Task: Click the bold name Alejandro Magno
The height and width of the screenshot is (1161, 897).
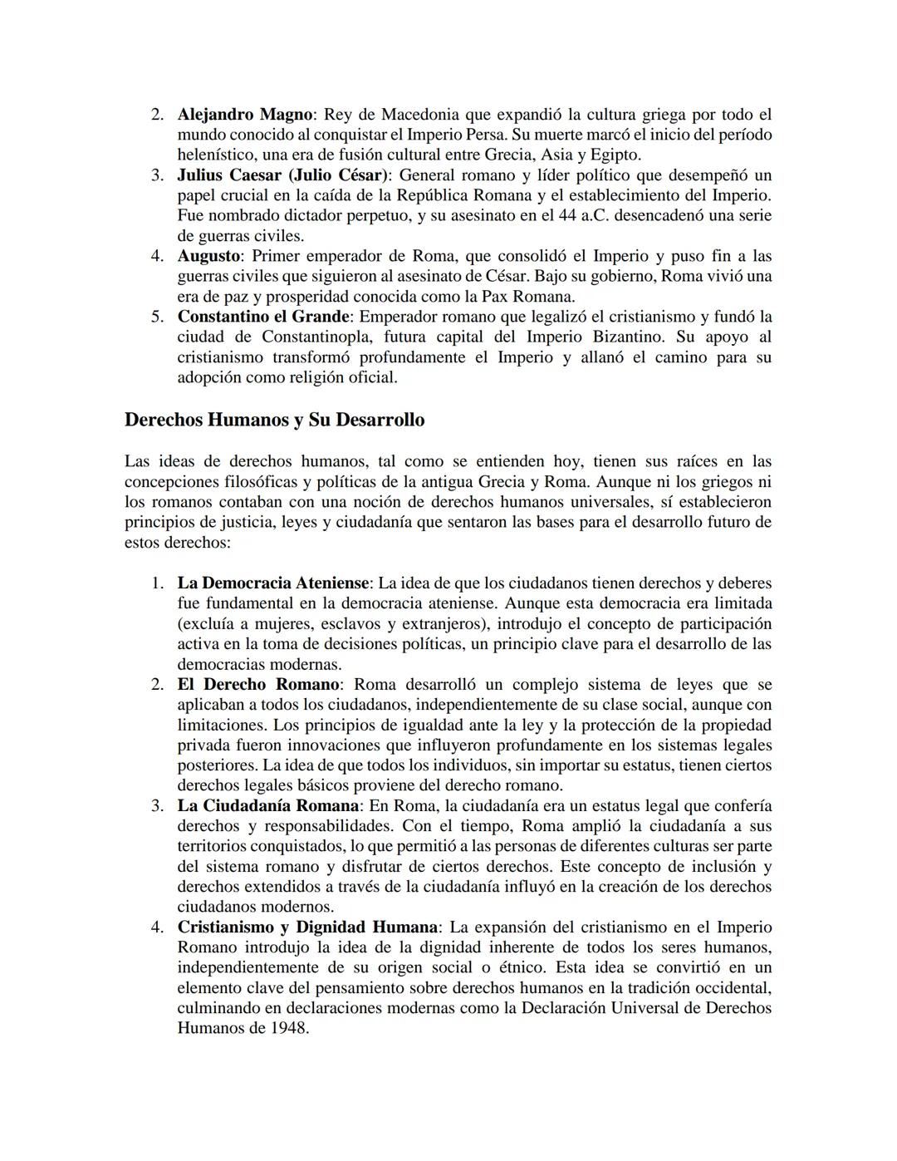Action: tap(245, 114)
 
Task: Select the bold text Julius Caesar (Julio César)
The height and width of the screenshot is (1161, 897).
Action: tap(283, 175)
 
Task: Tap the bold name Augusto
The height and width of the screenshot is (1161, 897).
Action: tap(208, 256)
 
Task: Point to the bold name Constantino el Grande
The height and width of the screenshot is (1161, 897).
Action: tap(263, 317)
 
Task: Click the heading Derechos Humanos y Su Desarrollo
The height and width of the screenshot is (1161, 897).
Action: tap(274, 420)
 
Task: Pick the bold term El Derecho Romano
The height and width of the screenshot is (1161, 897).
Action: tap(258, 685)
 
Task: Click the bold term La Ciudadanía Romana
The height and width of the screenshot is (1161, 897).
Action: tap(267, 806)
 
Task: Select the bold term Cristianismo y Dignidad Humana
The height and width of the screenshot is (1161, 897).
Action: tap(307, 927)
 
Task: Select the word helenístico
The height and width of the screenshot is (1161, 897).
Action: tap(218, 155)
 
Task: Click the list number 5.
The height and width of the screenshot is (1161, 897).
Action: tap(156, 317)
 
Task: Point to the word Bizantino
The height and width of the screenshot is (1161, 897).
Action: tap(629, 337)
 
